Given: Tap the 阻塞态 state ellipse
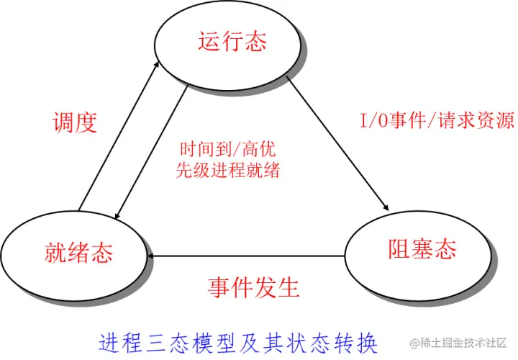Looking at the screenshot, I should pos(421,250).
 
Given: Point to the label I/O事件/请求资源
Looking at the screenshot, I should pos(437,121).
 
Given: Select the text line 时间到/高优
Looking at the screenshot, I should pos(227,151).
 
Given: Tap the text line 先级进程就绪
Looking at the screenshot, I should pos(227,171).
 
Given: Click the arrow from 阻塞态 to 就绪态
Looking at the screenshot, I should pos(245,255).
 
